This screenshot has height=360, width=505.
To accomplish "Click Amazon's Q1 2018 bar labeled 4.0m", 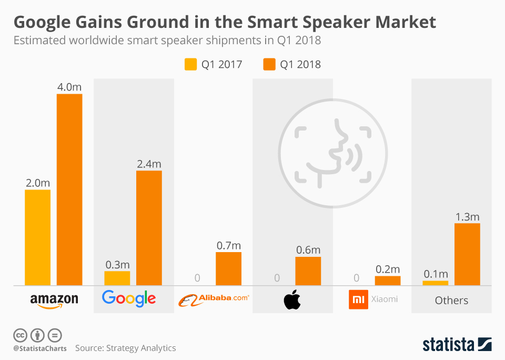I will [69, 189].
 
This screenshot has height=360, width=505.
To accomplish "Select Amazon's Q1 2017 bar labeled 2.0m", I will [37, 237].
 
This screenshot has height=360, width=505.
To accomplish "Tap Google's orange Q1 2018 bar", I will [149, 228].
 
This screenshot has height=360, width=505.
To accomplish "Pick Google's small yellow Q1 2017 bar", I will [117, 278].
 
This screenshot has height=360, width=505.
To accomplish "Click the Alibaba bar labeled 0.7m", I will [228, 268].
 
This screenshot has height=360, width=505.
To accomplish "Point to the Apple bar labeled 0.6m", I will [308, 271].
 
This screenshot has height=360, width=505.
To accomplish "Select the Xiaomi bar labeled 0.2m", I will [388, 281].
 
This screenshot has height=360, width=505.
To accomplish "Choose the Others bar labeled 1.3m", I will [467, 254].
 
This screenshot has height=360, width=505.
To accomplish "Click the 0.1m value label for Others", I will [436, 274].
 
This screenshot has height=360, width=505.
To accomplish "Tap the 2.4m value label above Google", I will [149, 164].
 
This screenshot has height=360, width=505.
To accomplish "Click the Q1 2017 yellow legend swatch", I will [190, 65].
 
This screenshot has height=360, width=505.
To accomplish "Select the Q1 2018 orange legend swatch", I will [269, 65].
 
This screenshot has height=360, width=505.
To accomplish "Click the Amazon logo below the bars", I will [54, 300].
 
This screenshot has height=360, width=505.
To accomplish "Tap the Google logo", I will [129, 298].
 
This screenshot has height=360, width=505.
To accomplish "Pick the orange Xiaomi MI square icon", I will [357, 299].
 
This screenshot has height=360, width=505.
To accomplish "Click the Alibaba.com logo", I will [214, 299].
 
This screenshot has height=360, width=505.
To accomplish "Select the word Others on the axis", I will [451, 301].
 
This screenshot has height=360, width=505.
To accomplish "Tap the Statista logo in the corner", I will [457, 345].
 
